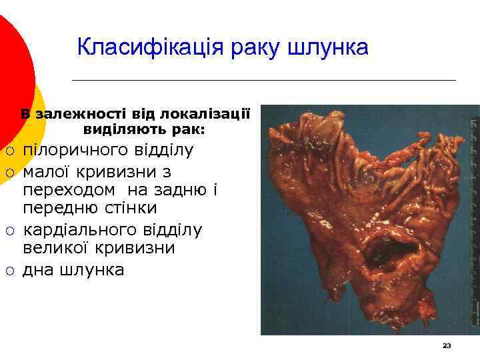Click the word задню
181,190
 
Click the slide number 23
447,345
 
